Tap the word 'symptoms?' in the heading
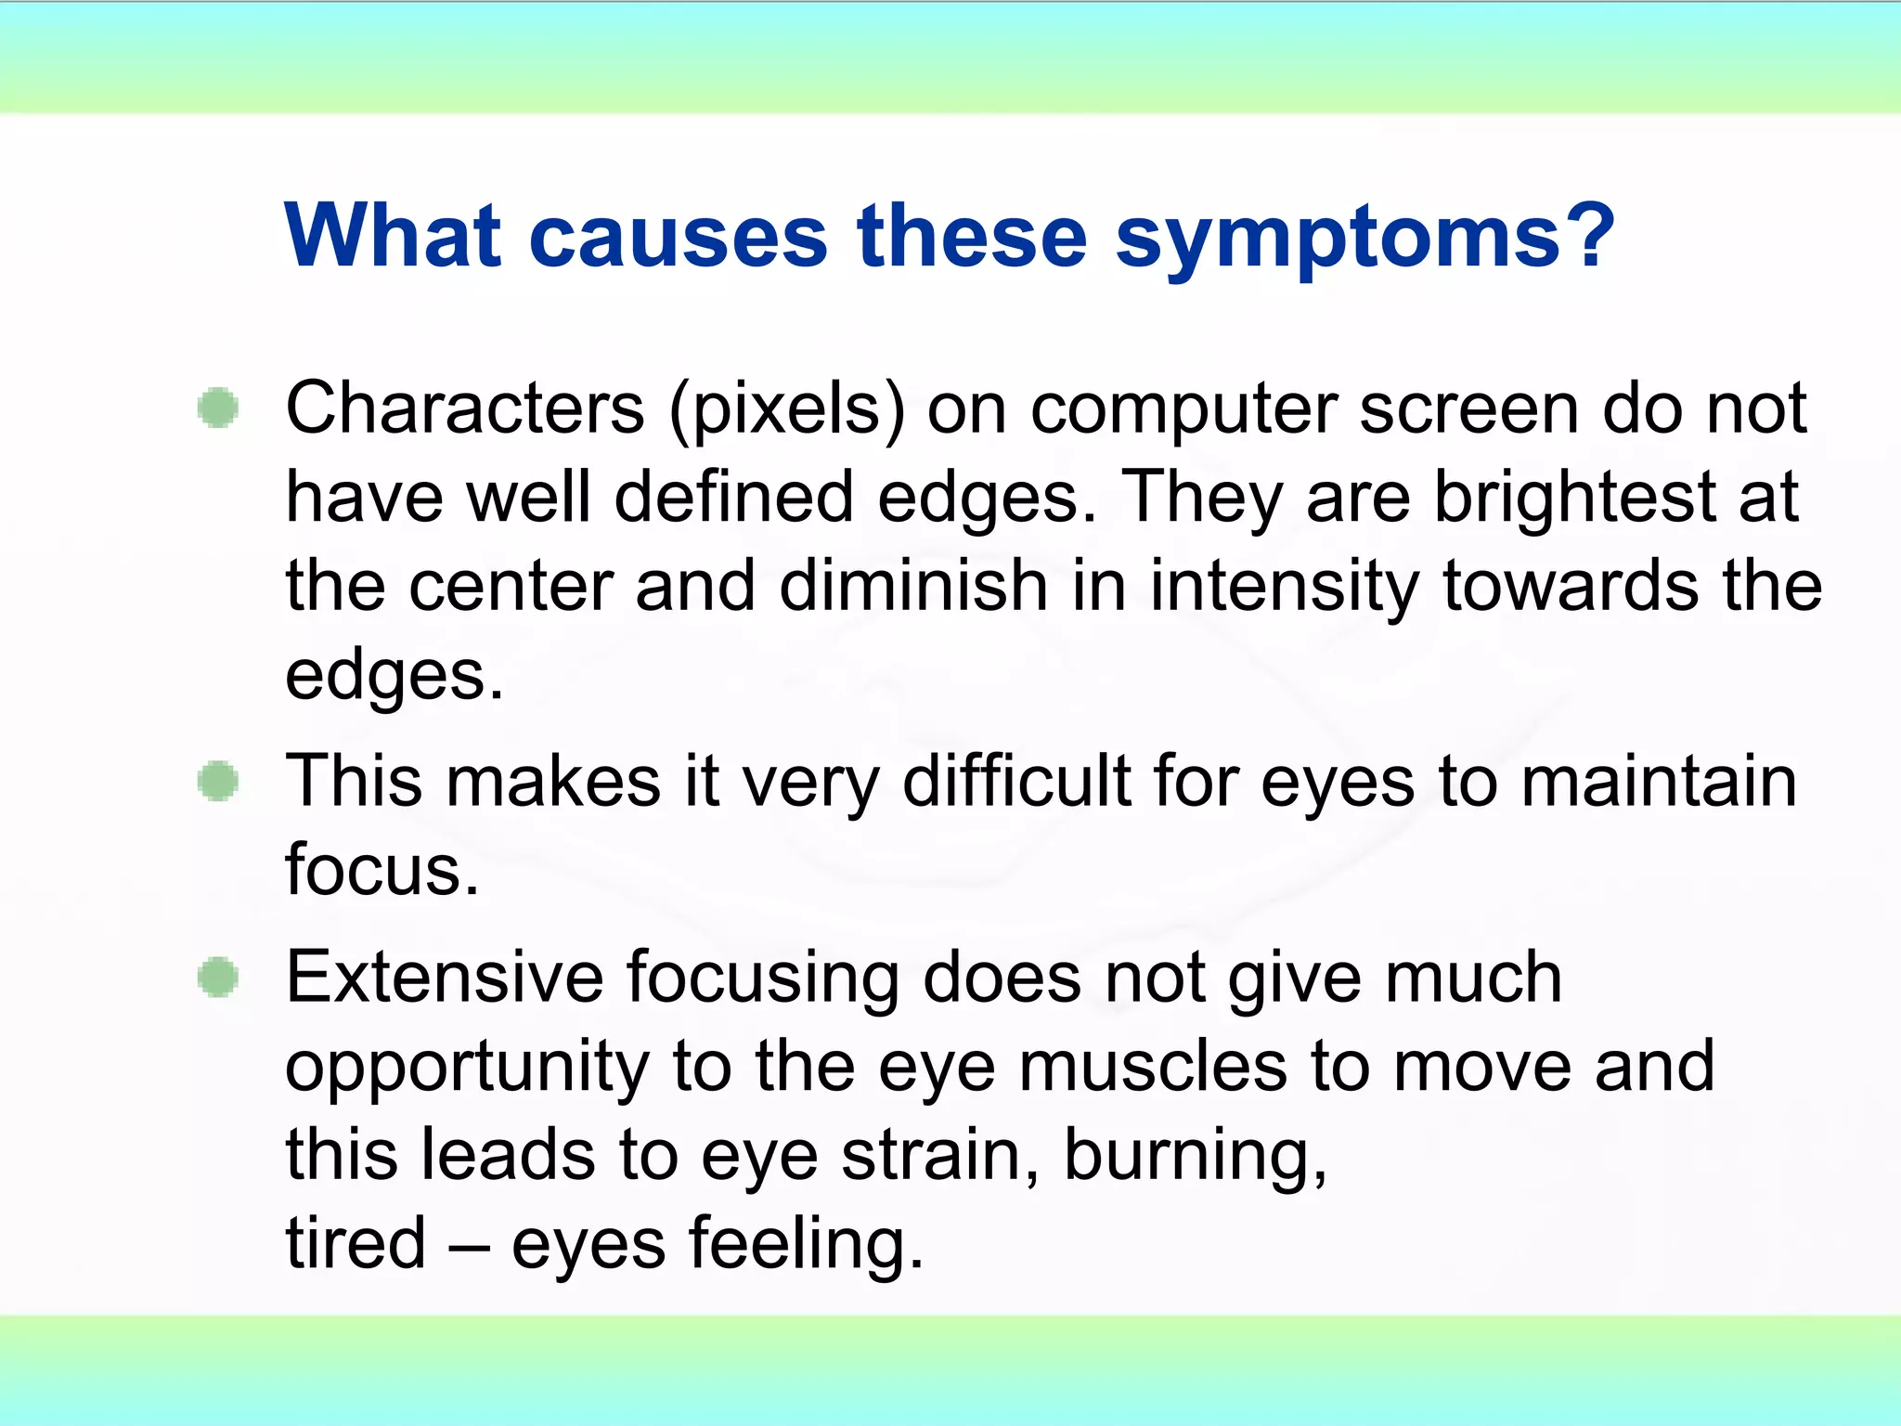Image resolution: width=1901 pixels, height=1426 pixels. (x=1364, y=240)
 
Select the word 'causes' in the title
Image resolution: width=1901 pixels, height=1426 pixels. (x=678, y=238)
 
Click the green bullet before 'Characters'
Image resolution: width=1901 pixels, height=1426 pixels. (x=219, y=408)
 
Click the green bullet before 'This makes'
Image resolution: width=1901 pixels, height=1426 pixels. (x=219, y=781)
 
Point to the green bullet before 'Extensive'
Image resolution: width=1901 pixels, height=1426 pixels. (x=219, y=978)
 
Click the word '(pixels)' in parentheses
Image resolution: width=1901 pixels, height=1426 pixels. (x=786, y=410)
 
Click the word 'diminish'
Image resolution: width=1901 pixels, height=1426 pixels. (x=913, y=587)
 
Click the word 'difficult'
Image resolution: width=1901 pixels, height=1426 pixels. (x=1016, y=781)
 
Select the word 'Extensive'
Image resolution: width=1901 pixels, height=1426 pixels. (x=445, y=978)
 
